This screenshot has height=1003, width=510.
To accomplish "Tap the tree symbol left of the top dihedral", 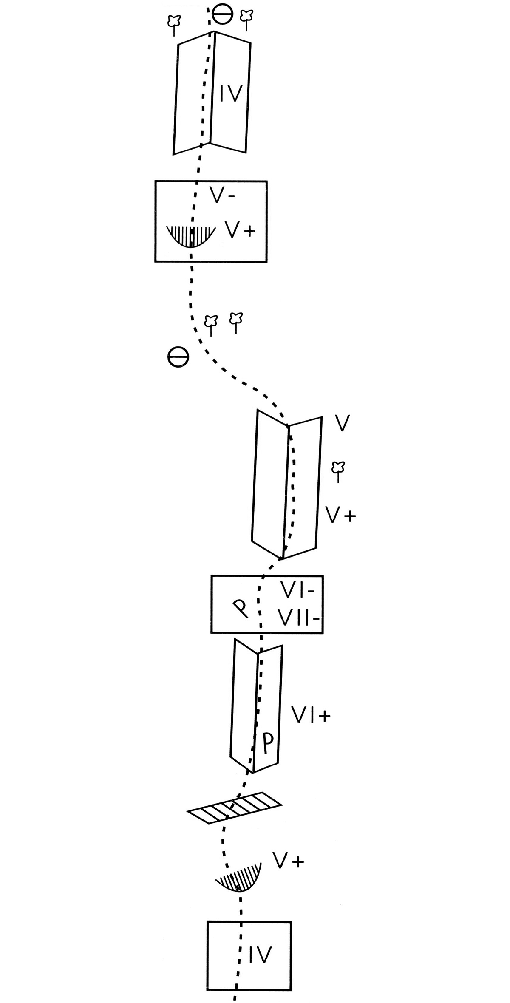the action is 174,25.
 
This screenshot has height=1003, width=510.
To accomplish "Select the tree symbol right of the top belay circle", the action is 246,20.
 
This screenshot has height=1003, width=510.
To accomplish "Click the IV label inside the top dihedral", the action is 231,93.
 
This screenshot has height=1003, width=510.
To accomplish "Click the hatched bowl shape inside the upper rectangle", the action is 189,237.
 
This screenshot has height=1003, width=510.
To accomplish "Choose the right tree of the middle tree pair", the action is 236,323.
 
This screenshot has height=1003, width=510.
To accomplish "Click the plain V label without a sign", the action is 342,423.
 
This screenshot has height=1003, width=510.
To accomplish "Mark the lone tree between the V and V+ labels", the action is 338,471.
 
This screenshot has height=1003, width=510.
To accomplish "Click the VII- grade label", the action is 299,618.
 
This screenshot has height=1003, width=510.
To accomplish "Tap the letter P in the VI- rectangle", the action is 241,608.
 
